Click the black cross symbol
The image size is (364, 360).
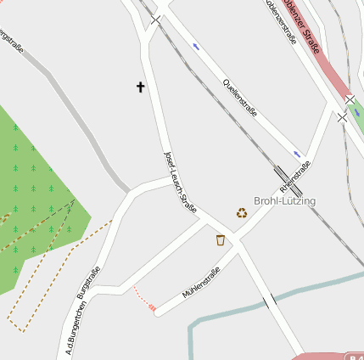point(141,87)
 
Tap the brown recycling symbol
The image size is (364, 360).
point(242,212)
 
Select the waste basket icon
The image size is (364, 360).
point(221,240)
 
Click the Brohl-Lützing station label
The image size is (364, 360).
point(284,201)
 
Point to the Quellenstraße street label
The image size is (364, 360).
point(238,97)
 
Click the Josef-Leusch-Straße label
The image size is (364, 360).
point(180,182)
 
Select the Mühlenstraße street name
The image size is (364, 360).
point(201,283)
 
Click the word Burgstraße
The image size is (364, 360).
point(88,283)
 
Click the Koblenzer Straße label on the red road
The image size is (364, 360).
point(305,25)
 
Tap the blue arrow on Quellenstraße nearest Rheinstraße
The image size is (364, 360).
point(297,154)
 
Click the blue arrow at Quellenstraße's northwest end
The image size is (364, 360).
point(197,47)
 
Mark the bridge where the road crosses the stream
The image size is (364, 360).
point(269,301)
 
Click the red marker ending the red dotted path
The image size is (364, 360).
point(152,307)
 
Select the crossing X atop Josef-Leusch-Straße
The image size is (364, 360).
point(156,19)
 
